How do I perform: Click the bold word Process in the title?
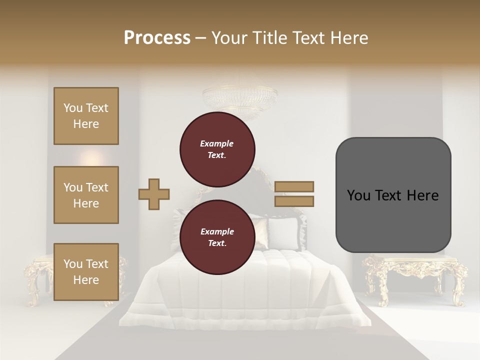coord(157,37)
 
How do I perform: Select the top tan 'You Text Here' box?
coord(86,116)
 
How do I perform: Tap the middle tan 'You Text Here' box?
coord(86,195)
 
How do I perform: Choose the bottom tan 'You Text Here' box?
coord(86,271)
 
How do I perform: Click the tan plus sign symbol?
coord(154,194)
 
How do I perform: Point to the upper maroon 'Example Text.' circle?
coord(217,149)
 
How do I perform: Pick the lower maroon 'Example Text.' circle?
coord(217,237)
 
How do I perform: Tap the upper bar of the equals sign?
coord(294,186)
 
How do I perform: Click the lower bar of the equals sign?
coord(294,201)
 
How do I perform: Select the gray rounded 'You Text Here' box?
coord(393,195)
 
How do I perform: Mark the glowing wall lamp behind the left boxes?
coord(92,158)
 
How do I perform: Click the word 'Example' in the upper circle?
coord(217,143)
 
